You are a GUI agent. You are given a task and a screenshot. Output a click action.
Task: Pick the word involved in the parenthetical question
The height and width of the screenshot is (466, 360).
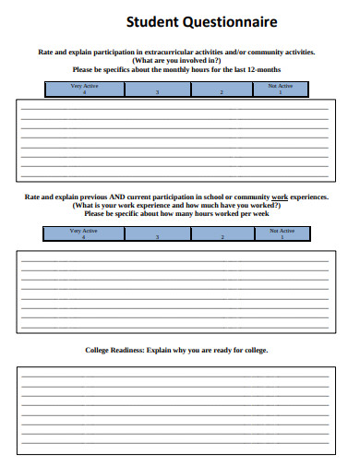click(x=188, y=61)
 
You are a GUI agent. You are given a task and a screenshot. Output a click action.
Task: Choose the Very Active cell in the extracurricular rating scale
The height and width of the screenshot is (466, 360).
click(x=84, y=89)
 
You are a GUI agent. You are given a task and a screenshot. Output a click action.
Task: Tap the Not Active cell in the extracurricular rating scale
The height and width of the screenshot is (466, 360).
click(x=280, y=89)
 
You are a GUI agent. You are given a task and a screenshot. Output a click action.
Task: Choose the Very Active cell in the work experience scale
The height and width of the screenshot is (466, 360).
click(x=84, y=233)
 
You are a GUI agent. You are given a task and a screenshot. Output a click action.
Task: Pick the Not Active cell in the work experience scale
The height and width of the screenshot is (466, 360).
click(x=281, y=233)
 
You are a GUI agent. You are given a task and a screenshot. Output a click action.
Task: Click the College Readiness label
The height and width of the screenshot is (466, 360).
click(x=114, y=351)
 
